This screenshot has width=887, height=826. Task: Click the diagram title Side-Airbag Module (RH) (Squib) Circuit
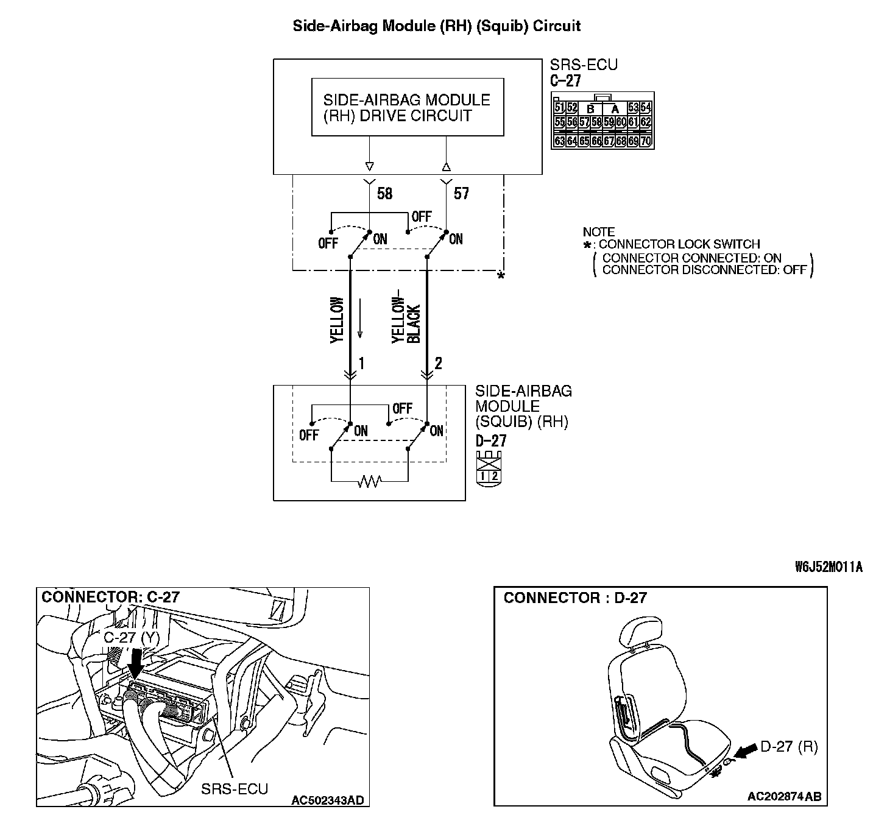[437, 26]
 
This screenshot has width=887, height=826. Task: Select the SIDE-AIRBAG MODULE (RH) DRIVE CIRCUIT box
[408, 107]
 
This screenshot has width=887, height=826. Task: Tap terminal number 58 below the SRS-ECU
[385, 194]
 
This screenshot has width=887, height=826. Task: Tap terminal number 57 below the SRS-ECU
[462, 194]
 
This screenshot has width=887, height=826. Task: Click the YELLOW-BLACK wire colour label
[406, 320]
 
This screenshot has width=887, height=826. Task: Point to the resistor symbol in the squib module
[369, 482]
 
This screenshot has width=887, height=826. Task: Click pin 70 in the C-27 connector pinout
[646, 141]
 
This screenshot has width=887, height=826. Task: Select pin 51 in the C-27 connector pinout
[559, 108]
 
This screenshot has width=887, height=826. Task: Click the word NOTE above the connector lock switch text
[599, 232]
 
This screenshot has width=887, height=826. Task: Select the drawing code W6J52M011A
[829, 567]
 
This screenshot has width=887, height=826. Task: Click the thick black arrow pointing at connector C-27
[136, 662]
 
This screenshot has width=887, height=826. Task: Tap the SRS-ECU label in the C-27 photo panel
[235, 789]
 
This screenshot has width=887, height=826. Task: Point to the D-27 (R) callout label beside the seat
[789, 747]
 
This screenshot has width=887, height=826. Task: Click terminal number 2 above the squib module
[438, 364]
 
